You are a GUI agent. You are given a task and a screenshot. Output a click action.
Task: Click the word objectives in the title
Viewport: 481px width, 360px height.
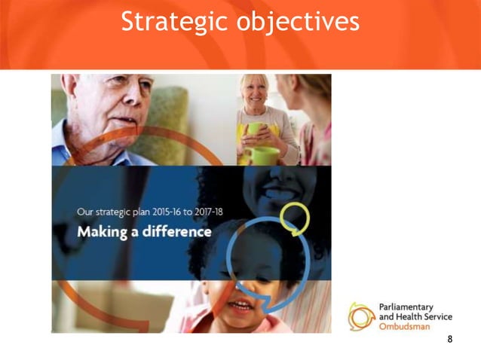(298, 22)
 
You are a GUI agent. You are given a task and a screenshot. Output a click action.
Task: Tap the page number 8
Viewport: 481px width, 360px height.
(450, 340)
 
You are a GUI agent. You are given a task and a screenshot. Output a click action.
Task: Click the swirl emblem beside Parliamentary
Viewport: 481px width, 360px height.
(361, 316)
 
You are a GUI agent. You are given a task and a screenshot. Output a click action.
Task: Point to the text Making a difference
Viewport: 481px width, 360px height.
(144, 231)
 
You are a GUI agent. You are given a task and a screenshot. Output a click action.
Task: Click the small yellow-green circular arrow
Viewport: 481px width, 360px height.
(295, 218)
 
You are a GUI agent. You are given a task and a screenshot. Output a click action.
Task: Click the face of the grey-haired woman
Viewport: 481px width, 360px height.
(254, 93)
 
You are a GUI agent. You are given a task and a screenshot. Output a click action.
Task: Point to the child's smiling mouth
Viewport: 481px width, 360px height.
(240, 306)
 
